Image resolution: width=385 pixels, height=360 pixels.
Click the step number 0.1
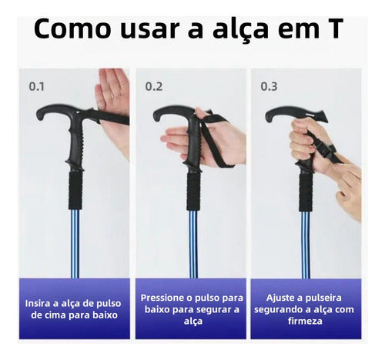point(36,86)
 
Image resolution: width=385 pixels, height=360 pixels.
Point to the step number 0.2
point(154,86)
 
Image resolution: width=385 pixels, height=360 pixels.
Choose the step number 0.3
point(269,86)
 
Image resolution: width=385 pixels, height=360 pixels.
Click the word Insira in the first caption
point(39,303)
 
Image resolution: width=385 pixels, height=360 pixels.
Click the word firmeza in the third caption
point(305,322)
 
